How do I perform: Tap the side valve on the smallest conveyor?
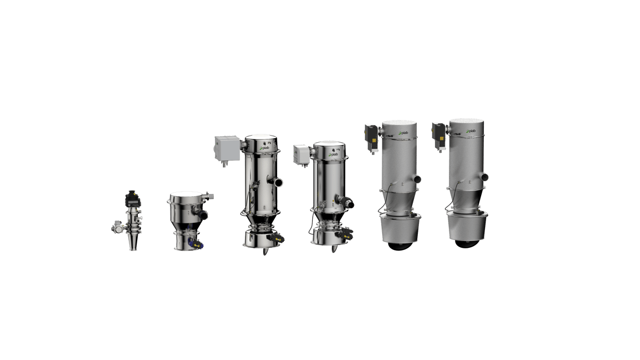pos(117,228)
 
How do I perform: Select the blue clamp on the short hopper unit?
pos(193,242)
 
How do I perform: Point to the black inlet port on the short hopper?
pos(203,213)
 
